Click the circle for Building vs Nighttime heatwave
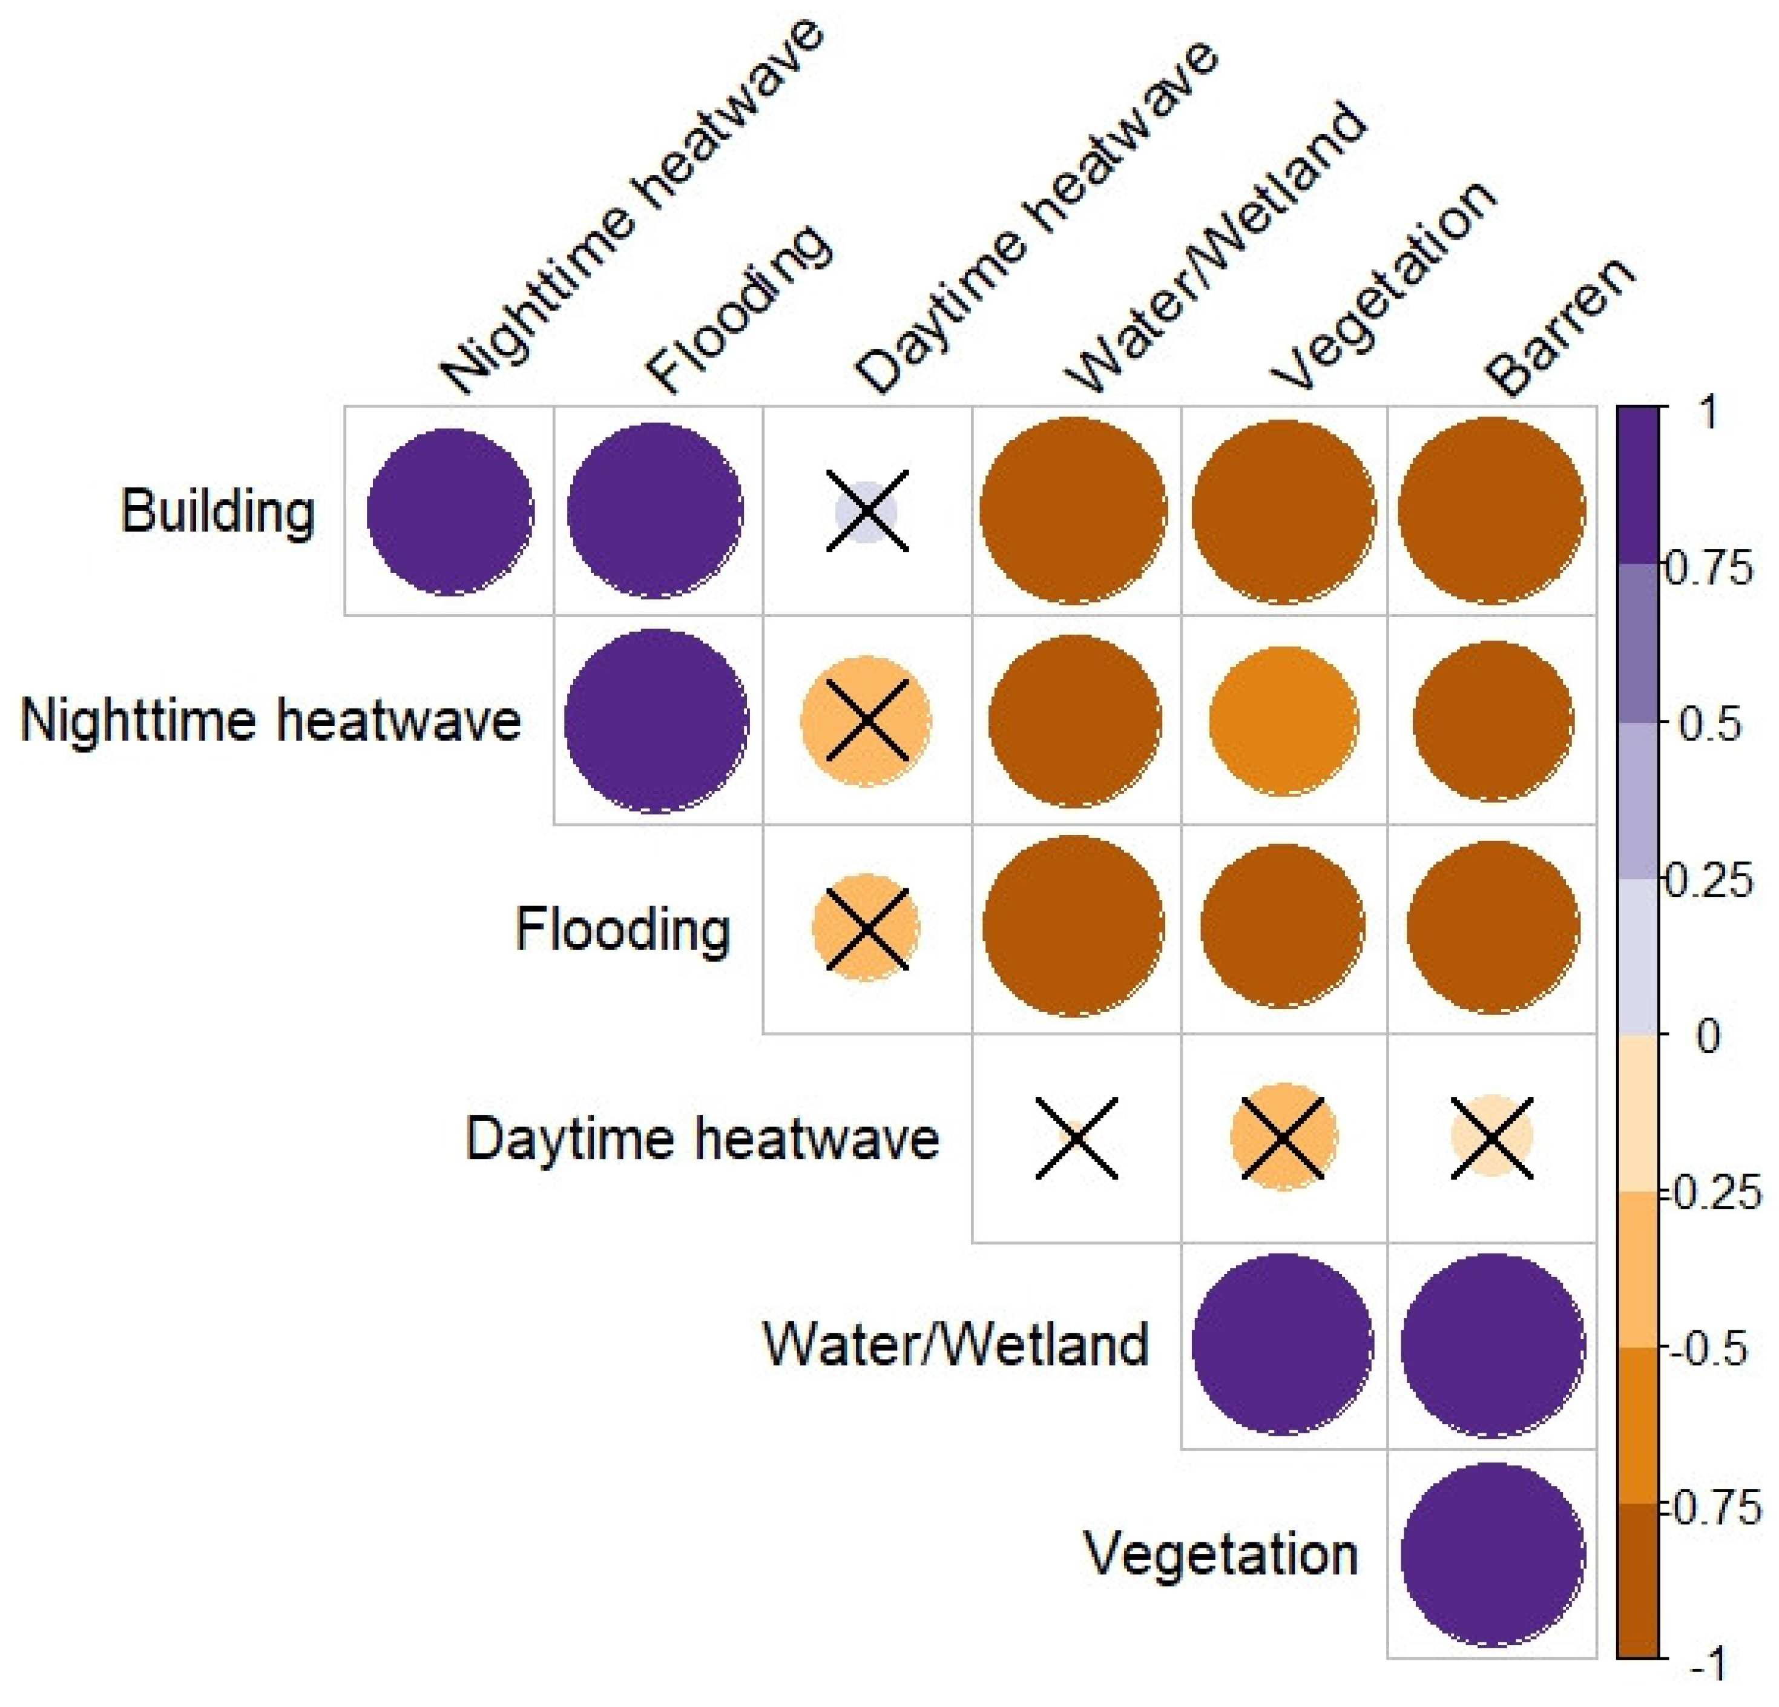click(x=450, y=511)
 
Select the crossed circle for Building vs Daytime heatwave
click(x=866, y=511)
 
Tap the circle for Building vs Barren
click(x=1491, y=511)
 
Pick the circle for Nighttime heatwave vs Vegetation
click(x=1283, y=721)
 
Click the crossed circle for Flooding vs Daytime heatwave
click(x=866, y=928)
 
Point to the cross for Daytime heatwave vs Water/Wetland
click(x=1076, y=1138)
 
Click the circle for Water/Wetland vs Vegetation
click(x=1283, y=1345)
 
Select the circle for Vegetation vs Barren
click(x=1491, y=1554)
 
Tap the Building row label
click(x=218, y=511)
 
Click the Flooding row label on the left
click(x=623, y=929)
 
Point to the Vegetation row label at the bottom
click(x=1221, y=1554)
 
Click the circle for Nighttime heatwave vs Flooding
click(x=656, y=721)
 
